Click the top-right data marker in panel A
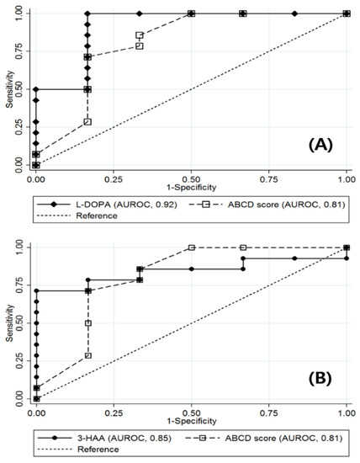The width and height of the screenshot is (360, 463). [x=347, y=13]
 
